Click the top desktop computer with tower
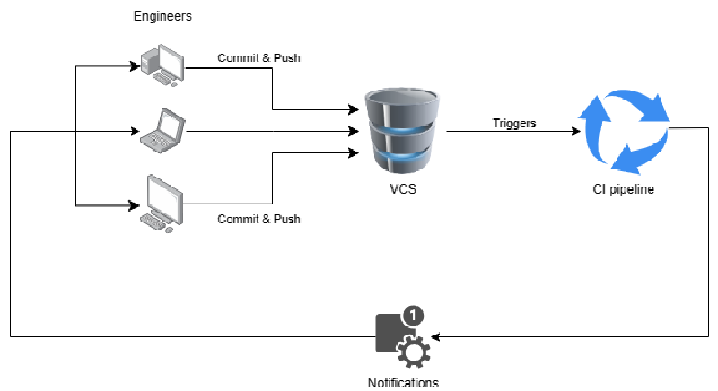(162, 65)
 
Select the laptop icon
(163, 127)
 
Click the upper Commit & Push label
(258, 58)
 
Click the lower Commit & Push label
(258, 219)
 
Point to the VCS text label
(403, 189)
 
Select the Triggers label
(514, 124)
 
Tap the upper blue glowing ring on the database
(403, 130)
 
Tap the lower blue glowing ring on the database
(403, 160)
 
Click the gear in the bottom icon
(414, 352)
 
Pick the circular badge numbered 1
(413, 316)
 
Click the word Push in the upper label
(286, 58)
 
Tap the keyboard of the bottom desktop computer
(158, 227)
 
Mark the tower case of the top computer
(149, 63)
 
